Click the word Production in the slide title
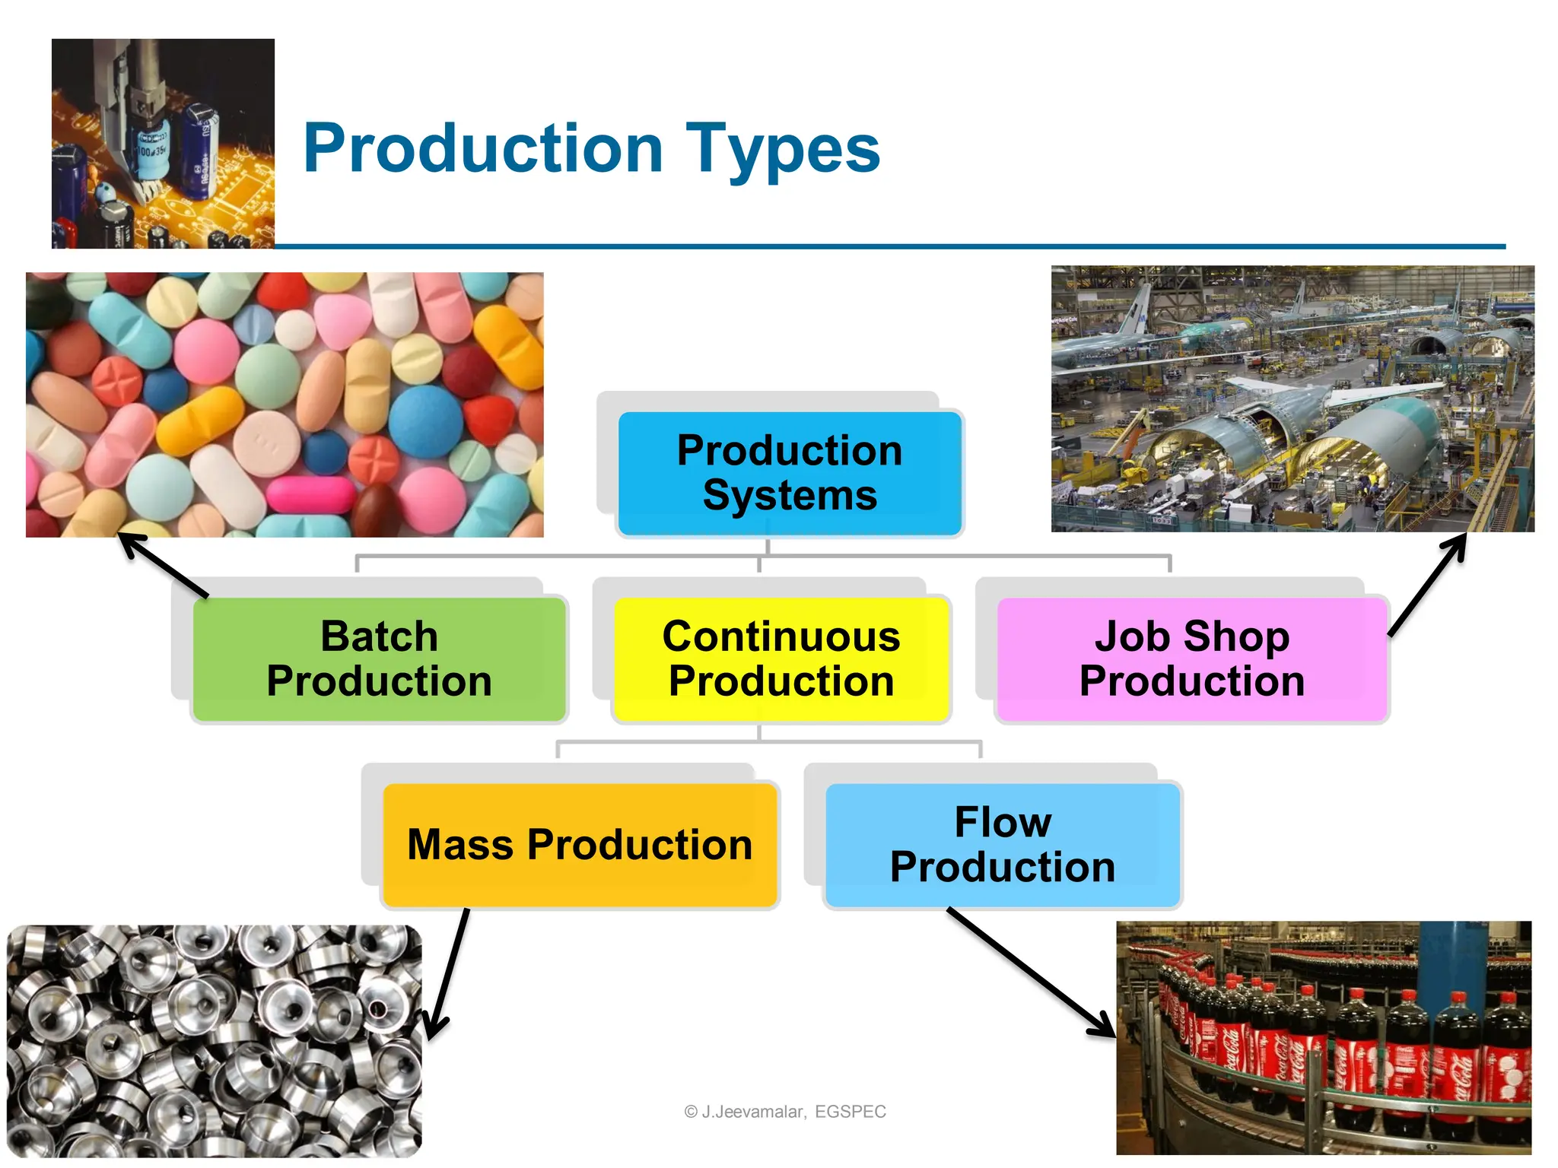click(483, 148)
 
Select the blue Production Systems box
click(790, 473)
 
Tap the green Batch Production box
click(379, 659)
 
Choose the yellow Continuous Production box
click(781, 659)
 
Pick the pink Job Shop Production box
click(1191, 659)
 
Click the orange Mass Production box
click(580, 845)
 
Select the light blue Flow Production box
click(1002, 845)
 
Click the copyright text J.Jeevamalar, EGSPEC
click(785, 1112)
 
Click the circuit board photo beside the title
click(163, 144)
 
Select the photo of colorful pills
click(285, 405)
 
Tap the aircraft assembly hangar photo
click(1292, 398)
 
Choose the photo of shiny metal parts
click(214, 1040)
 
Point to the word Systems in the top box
click(790, 496)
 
